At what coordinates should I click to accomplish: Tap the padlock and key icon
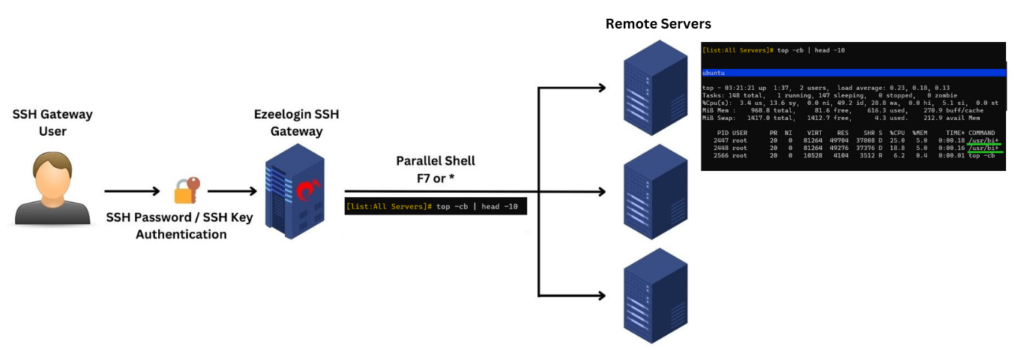186,190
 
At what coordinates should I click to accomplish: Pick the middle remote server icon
656,190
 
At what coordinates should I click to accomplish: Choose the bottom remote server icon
656,295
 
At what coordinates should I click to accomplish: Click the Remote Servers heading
657,24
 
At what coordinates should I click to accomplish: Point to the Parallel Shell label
435,161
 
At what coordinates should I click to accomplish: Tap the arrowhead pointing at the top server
601,88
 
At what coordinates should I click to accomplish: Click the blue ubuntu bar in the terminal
852,73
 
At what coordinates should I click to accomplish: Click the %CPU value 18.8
897,148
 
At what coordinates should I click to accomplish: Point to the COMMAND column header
982,133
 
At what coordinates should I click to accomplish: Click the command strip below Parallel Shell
436,206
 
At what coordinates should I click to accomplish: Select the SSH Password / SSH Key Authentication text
181,226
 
